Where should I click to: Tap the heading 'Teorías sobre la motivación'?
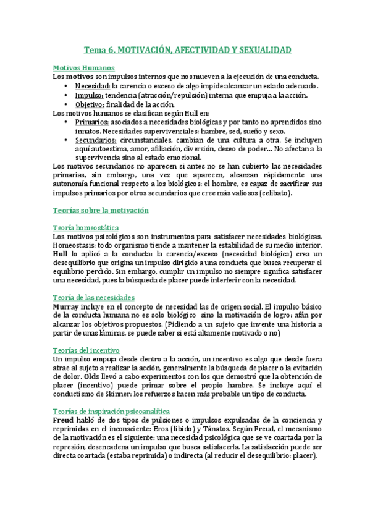click(101, 210)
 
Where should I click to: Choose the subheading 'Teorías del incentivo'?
click(86, 350)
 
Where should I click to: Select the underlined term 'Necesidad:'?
click(92, 86)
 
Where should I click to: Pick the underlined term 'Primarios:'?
click(91, 122)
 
